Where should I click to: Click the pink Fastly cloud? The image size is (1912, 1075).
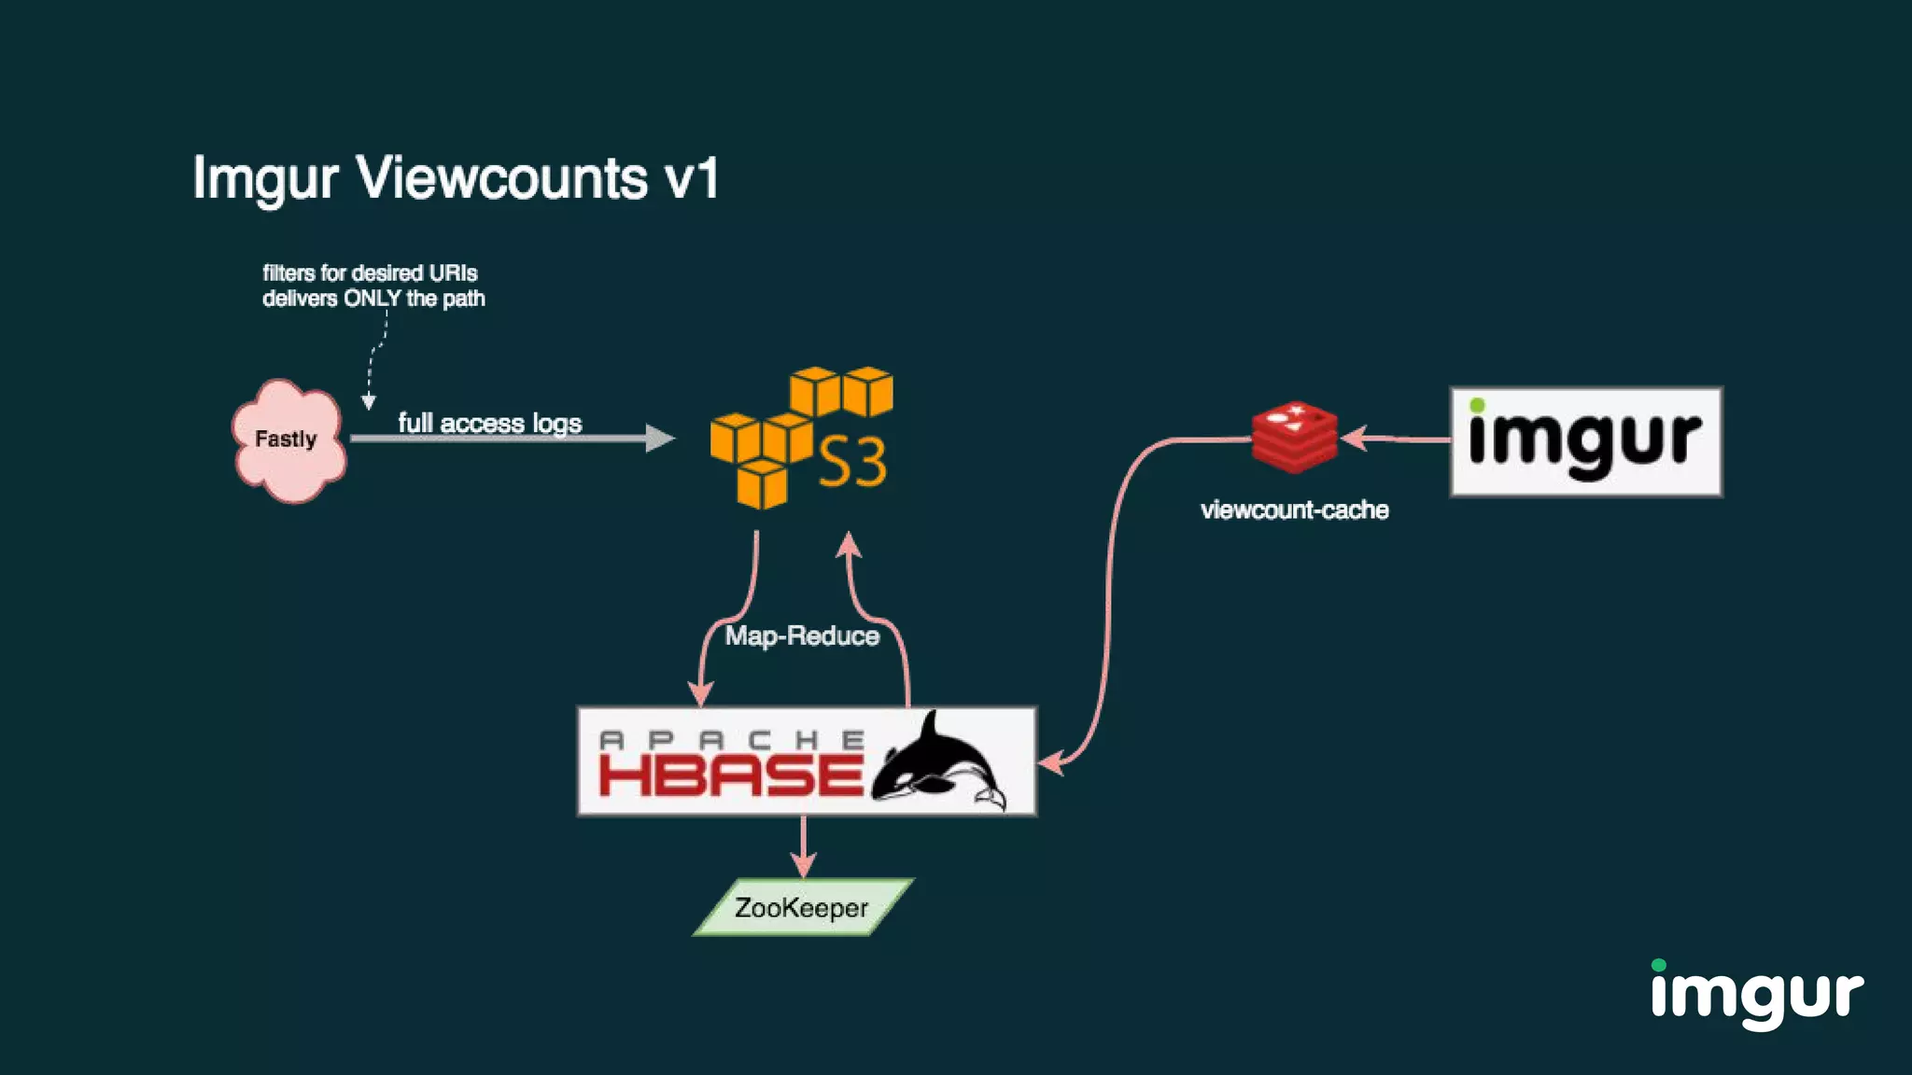click(288, 440)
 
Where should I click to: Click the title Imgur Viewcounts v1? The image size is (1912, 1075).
click(456, 177)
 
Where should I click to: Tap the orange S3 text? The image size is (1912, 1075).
click(852, 462)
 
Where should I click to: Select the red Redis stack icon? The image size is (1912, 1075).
click(1294, 436)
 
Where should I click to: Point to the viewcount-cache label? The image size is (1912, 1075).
click(1294, 510)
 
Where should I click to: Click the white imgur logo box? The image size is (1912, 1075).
click(1585, 441)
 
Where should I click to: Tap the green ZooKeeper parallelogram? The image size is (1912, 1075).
click(802, 907)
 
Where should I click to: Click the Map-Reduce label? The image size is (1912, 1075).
click(802, 636)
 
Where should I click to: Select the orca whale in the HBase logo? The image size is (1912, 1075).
click(938, 761)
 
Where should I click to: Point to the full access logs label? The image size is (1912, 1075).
click(489, 423)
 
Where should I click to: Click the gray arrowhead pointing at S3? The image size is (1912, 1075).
click(659, 438)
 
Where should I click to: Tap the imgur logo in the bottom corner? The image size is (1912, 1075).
click(1756, 995)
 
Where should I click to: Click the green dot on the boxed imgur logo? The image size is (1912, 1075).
click(1477, 405)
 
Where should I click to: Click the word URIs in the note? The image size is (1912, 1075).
click(453, 273)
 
